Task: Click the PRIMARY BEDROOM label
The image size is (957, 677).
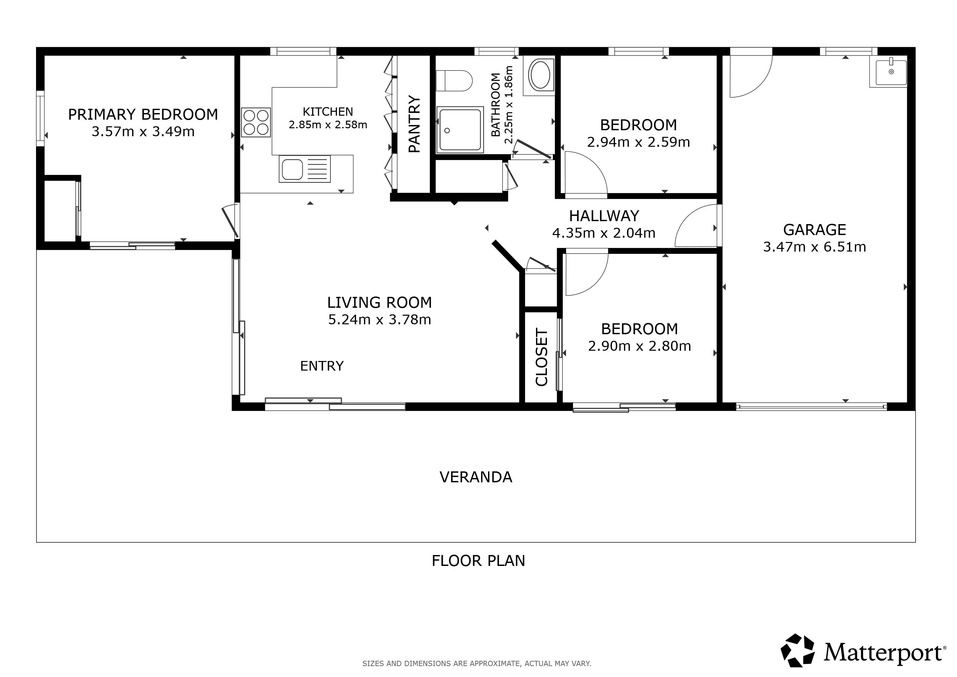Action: pos(143,114)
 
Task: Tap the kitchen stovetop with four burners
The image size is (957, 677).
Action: pos(256,123)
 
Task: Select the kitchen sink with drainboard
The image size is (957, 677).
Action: pos(305,169)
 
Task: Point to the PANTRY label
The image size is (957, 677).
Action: pos(414,124)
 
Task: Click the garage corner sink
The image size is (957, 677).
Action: pos(888,72)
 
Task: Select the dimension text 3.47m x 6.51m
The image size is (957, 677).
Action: pos(815,247)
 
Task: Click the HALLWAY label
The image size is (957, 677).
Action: pos(604,216)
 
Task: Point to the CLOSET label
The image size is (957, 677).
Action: pos(541,357)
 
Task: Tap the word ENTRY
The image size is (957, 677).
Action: pos(322,366)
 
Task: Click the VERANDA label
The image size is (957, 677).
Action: pos(476,477)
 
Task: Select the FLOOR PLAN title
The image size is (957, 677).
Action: pos(478,561)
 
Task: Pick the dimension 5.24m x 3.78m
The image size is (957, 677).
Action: pos(379,320)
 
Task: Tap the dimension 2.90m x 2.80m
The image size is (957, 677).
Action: pos(639,346)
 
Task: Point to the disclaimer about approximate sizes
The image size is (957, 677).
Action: pos(477,663)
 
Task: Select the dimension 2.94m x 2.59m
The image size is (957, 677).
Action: pos(638,142)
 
